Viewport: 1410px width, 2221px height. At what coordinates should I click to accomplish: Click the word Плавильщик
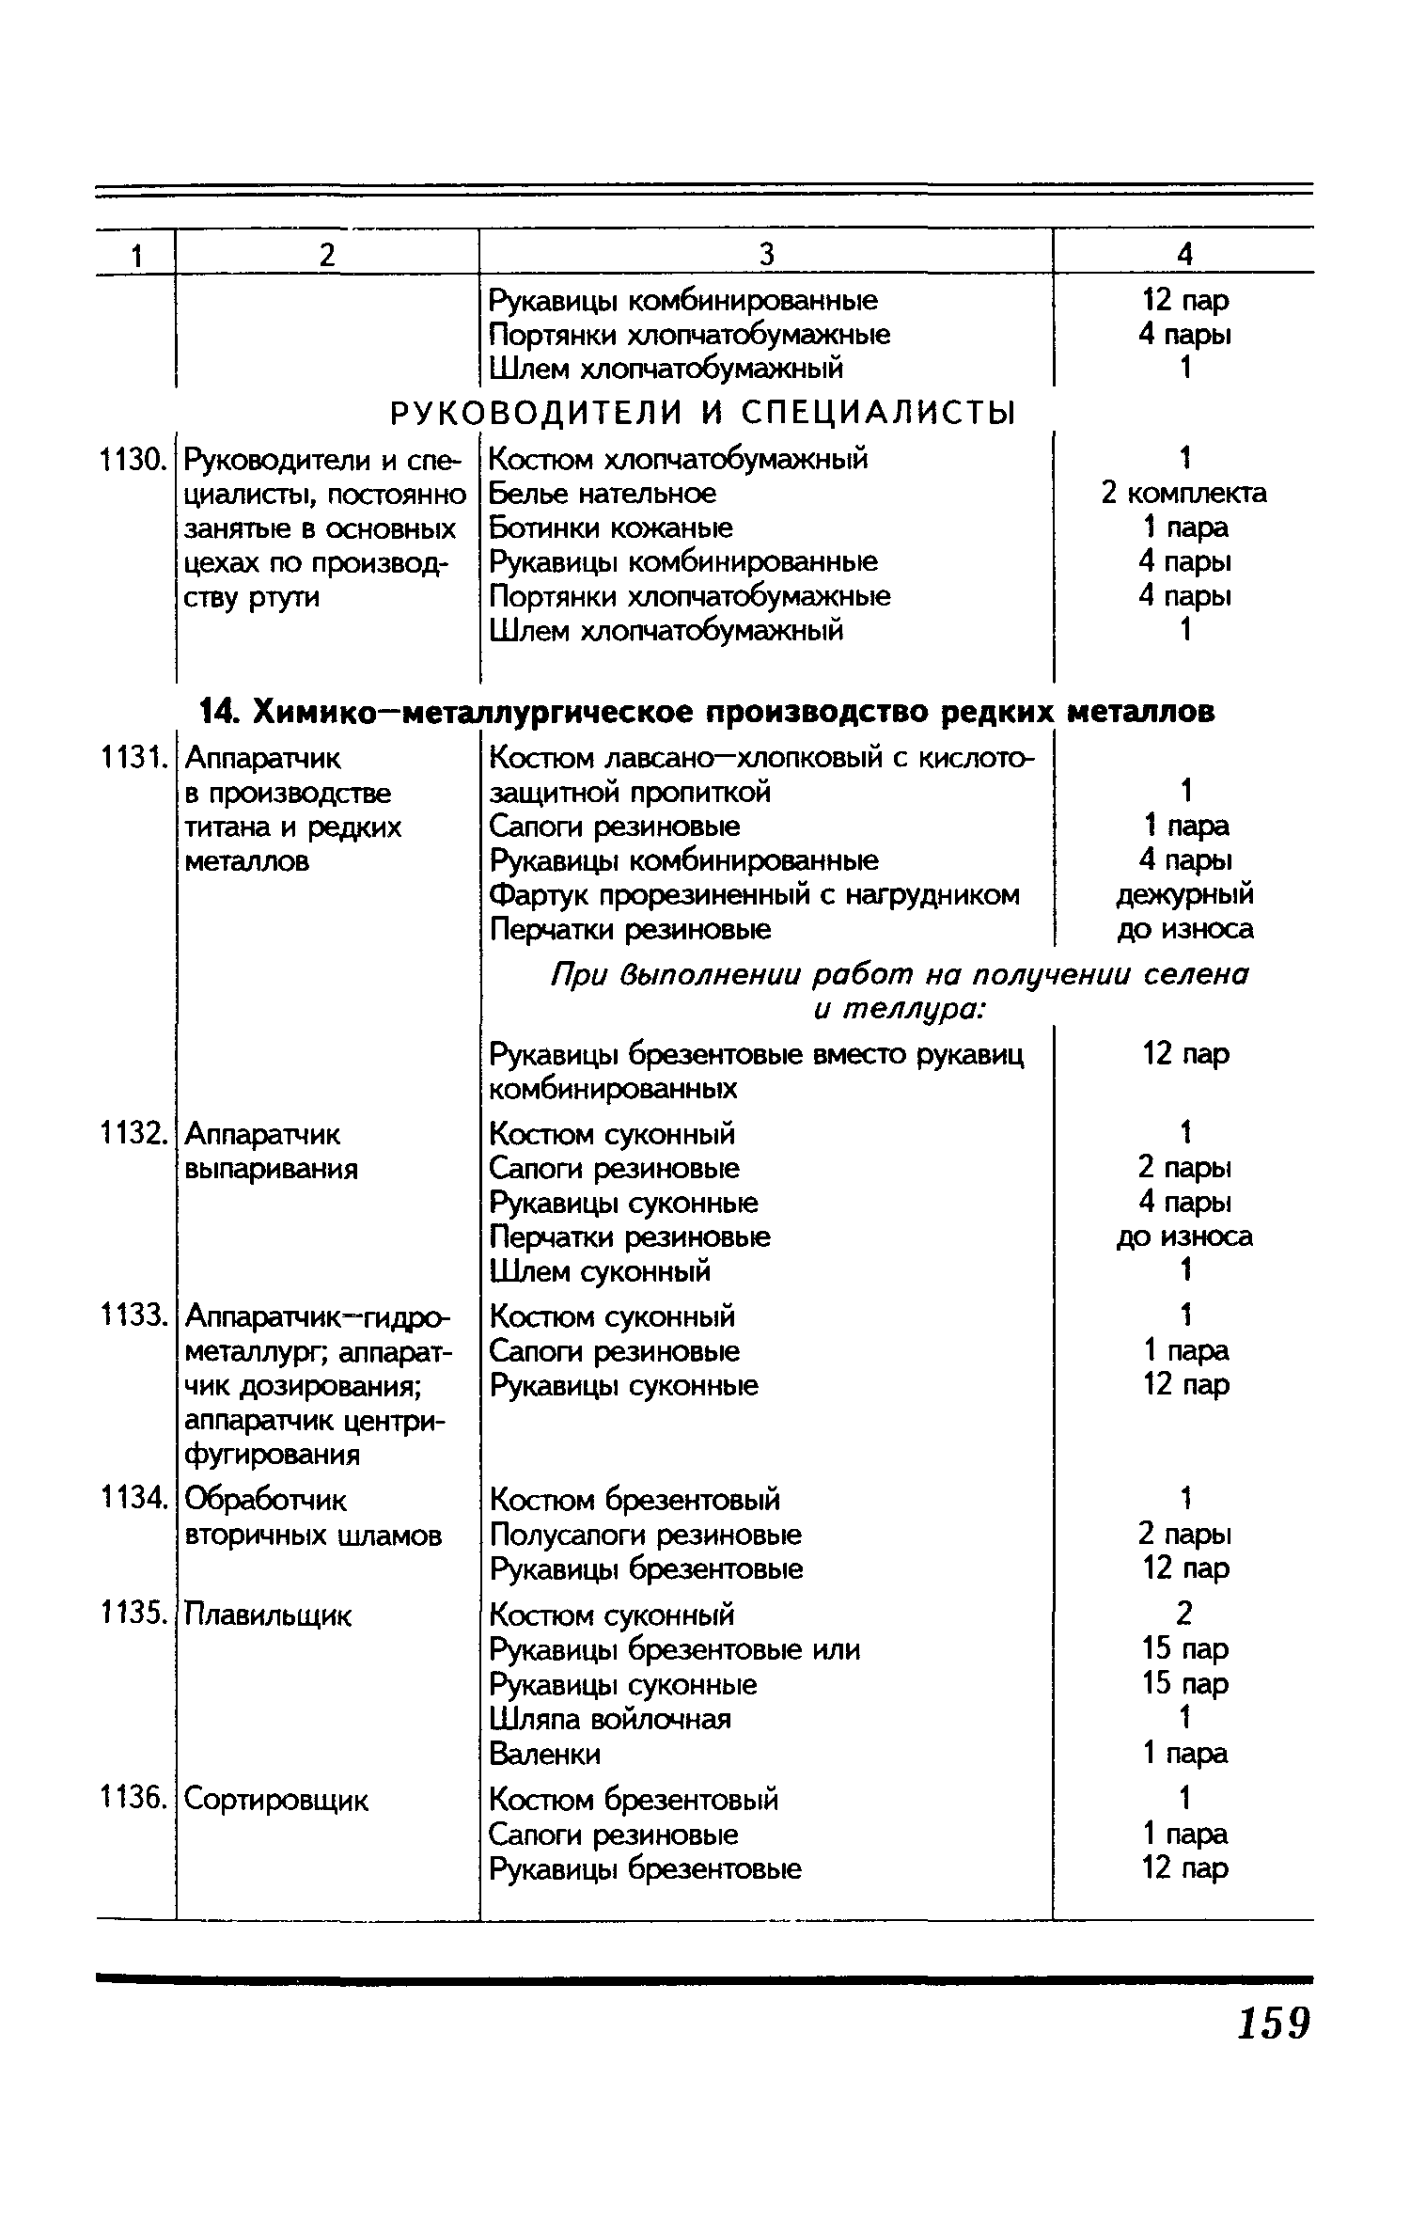(x=268, y=1616)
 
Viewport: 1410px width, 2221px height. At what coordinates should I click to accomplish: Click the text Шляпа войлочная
(x=610, y=1720)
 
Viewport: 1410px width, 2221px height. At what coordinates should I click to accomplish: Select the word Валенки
(x=545, y=1755)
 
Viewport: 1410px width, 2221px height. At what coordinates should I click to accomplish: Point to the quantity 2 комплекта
(x=1183, y=494)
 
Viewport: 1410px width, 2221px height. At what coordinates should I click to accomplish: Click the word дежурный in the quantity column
(x=1184, y=895)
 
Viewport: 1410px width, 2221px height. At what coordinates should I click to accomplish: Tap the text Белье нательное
(x=603, y=494)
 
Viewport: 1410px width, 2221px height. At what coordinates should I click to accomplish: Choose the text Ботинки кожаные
(x=611, y=528)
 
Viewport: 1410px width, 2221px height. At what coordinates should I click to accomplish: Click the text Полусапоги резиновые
(x=646, y=1536)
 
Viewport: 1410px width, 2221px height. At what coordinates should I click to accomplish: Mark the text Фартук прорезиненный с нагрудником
(x=755, y=895)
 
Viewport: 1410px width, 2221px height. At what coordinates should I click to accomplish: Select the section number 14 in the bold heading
(x=216, y=712)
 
